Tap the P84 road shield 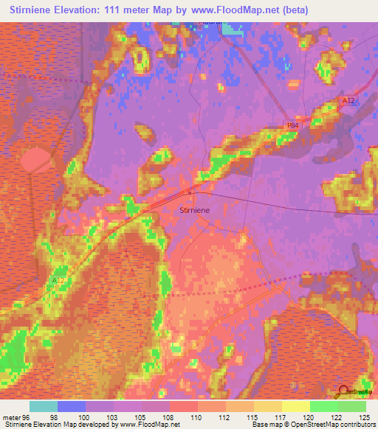click(293, 126)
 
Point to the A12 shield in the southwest click(59, 280)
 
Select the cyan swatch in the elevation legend click(44, 406)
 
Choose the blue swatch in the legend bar click(72, 406)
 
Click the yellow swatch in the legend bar click(295, 406)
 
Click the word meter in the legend click(11, 417)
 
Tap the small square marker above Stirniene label click(189, 192)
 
